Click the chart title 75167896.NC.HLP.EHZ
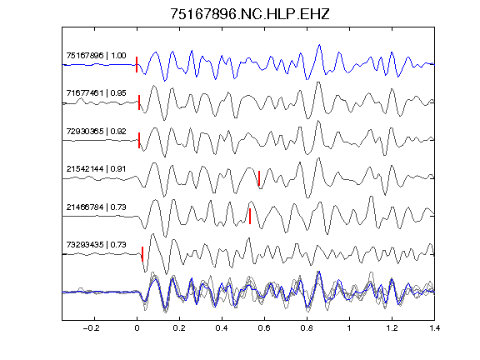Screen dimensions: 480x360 (x=249, y=14)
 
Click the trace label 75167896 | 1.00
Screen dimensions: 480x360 (x=96, y=56)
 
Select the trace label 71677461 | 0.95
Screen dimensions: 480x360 (x=96, y=93)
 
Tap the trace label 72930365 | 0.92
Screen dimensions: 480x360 (x=96, y=132)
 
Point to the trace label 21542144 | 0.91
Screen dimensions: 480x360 (x=96, y=169)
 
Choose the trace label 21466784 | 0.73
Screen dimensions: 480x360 (x=96, y=207)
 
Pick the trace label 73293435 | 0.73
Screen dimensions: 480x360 (x=96, y=245)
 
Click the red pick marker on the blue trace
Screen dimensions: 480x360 (x=137, y=65)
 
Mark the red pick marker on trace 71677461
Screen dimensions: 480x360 (x=139, y=102)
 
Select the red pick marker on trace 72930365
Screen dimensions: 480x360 (x=139, y=141)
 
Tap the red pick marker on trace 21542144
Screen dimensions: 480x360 (x=259, y=178)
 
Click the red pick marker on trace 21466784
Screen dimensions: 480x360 (x=250, y=216)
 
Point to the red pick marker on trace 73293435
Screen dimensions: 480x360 (x=142, y=254)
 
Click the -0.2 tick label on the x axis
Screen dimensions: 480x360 (x=91, y=328)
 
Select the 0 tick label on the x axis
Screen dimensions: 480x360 (x=137, y=328)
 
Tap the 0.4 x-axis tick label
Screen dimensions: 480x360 (x=222, y=328)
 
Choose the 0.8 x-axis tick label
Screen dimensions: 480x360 (x=307, y=328)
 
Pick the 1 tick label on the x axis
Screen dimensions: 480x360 (x=349, y=328)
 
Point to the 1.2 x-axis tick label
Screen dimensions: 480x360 (x=392, y=328)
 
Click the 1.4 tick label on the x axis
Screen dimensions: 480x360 (x=434, y=328)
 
